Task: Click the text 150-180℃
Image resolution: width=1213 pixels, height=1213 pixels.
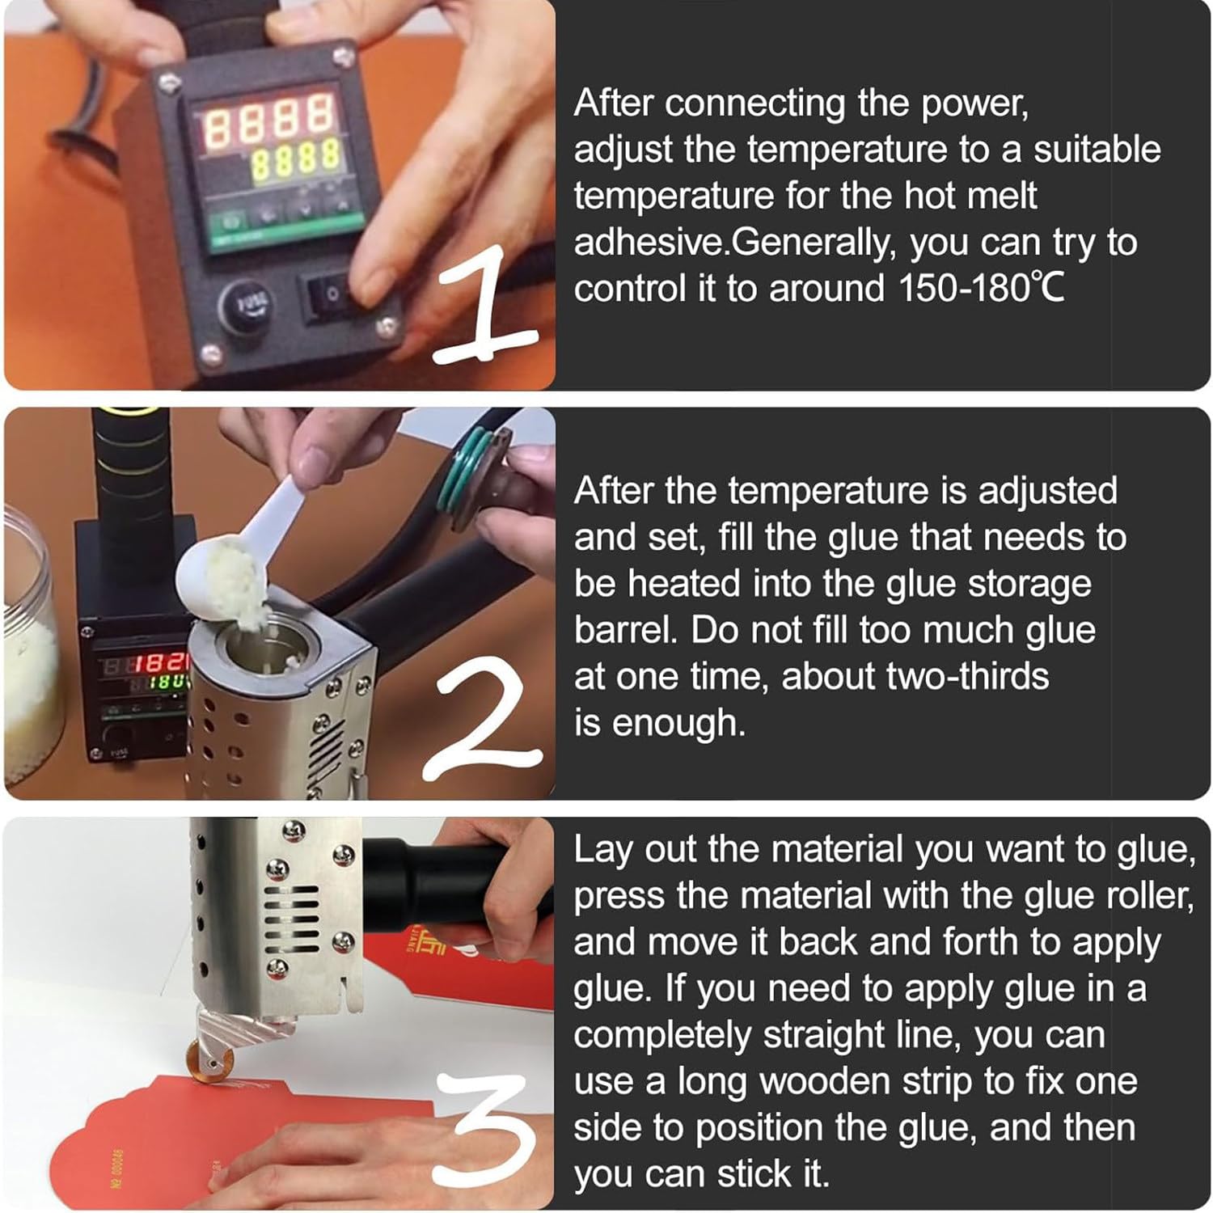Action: [x=981, y=289]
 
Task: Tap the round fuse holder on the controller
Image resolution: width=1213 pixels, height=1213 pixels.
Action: [x=245, y=305]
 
